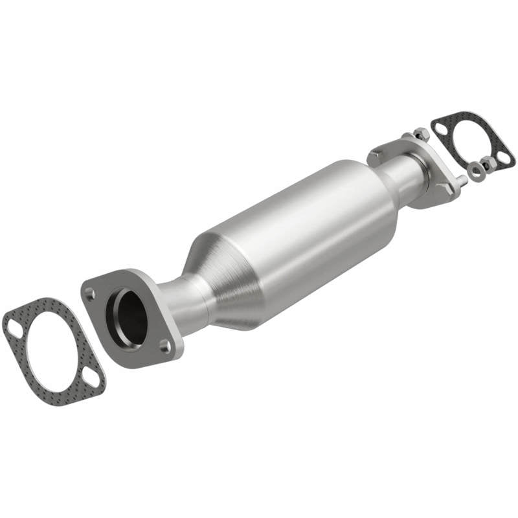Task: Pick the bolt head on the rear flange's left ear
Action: pyautogui.click(x=376, y=156)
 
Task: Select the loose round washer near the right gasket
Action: pyautogui.click(x=477, y=172)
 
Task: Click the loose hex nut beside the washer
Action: pyautogui.click(x=490, y=166)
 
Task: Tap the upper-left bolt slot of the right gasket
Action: pyautogui.click(x=441, y=128)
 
